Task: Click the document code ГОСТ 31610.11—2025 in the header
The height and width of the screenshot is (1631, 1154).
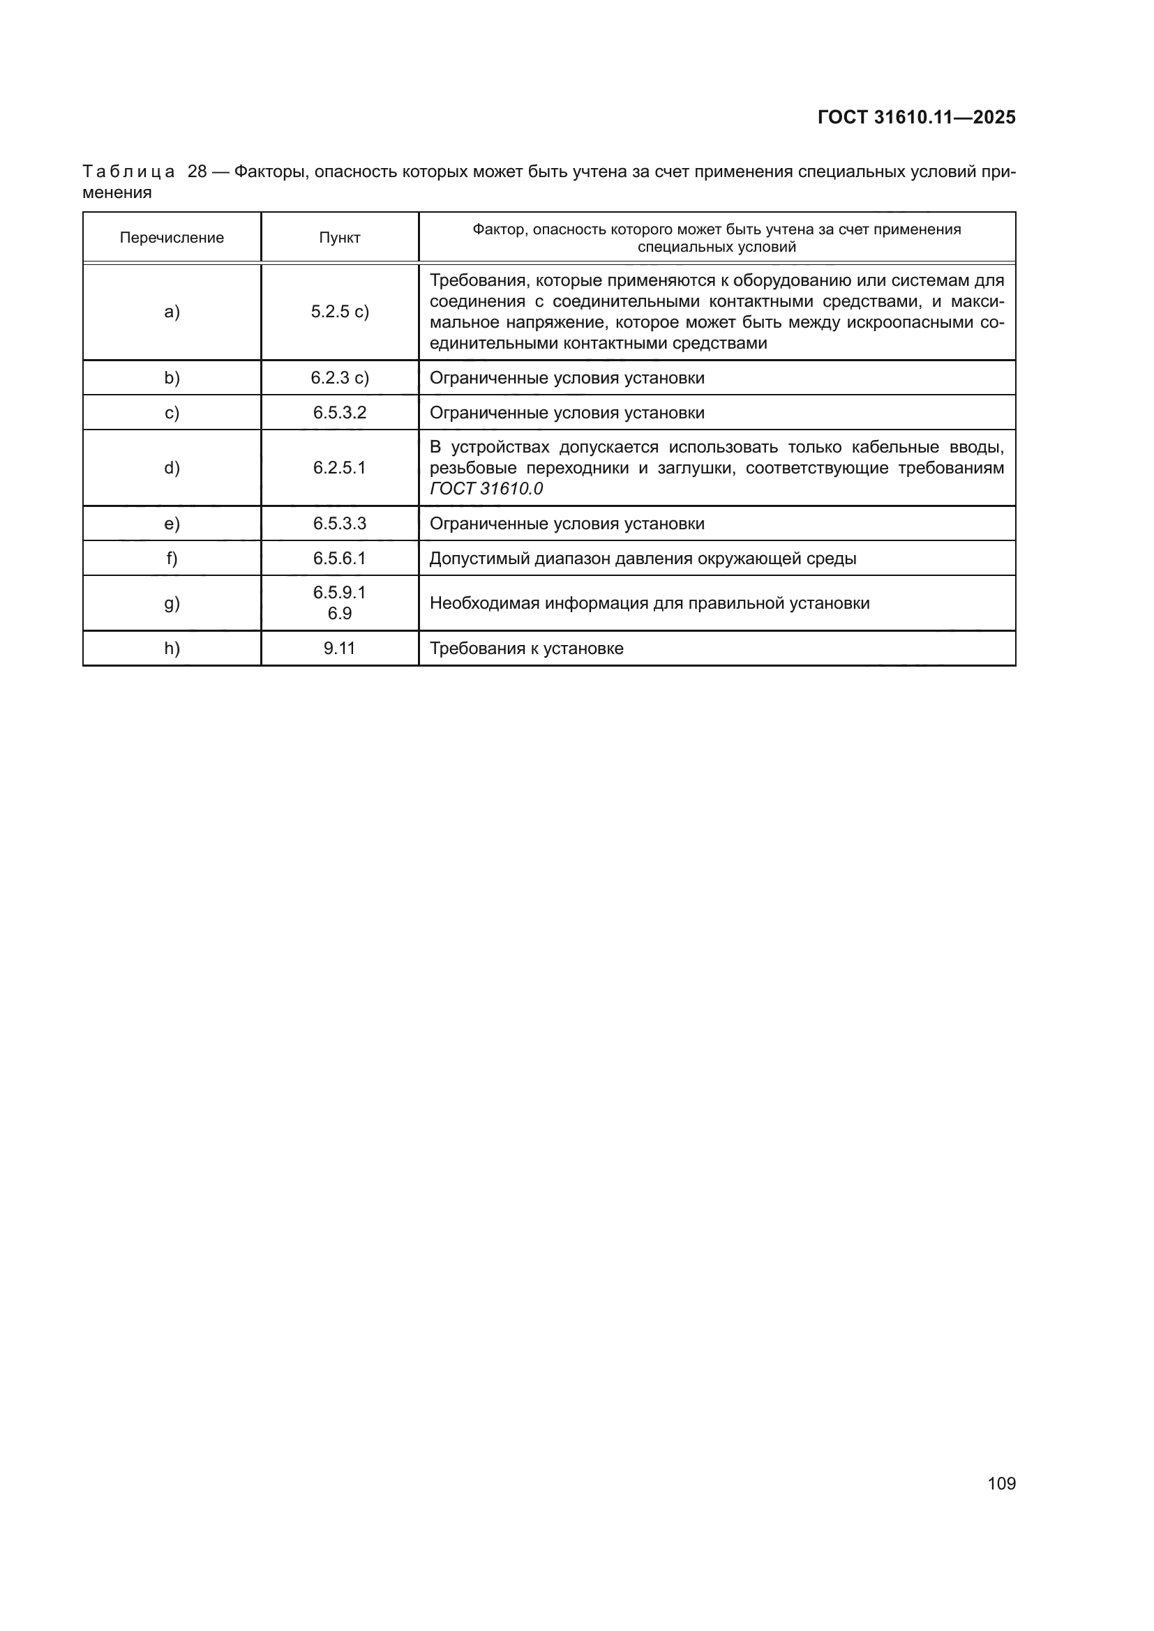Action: [x=916, y=117]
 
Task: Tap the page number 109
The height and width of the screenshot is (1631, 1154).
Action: [x=1001, y=1483]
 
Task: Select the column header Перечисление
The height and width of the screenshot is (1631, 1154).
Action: [x=171, y=238]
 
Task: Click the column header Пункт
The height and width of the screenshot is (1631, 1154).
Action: [x=340, y=238]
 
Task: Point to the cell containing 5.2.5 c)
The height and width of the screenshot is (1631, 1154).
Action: [x=340, y=312]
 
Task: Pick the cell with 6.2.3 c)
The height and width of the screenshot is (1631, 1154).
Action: [x=340, y=378]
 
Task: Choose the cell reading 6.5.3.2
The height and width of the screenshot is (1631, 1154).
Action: [x=340, y=413]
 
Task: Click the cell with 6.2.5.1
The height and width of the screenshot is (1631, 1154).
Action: [x=340, y=468]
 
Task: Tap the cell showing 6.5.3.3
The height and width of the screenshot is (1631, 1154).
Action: [x=340, y=524]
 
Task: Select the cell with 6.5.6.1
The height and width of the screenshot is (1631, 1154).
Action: [x=340, y=559]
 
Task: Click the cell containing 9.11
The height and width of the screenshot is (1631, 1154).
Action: [x=340, y=648]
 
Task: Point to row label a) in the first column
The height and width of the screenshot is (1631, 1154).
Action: [x=172, y=312]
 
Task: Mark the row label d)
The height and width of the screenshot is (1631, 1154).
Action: [x=172, y=468]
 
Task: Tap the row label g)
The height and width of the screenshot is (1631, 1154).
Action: [x=172, y=604]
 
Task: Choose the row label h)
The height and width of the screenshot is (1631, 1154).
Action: [x=172, y=648]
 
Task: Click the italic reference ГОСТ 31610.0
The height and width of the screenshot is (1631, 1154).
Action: [x=486, y=489]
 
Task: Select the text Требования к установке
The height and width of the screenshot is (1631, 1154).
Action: [x=527, y=648]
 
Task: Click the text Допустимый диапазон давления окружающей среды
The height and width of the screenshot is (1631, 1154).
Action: [x=643, y=559]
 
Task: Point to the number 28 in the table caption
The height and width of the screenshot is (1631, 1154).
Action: [x=197, y=172]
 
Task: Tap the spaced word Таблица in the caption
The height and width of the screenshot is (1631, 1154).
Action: [x=128, y=172]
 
